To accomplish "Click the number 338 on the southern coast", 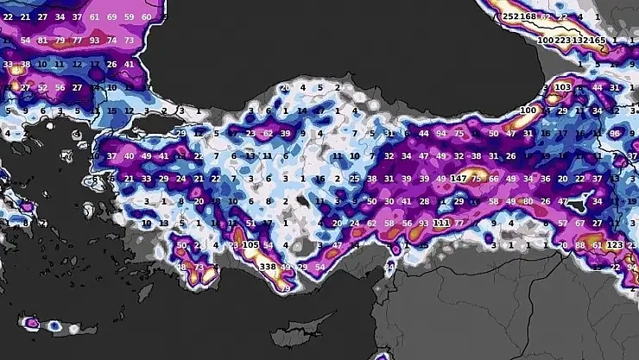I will click(x=268, y=268).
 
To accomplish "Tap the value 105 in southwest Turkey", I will click(x=250, y=245).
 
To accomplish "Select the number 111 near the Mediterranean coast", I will click(x=441, y=223).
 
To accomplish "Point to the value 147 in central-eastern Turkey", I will click(x=459, y=178).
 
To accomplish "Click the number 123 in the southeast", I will click(x=614, y=245).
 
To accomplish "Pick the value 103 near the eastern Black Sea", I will click(x=563, y=87).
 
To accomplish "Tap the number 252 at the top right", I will click(x=510, y=16).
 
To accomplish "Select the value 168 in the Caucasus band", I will click(x=528, y=16).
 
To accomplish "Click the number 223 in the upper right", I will click(x=563, y=40).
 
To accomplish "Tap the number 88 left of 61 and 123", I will click(x=579, y=245).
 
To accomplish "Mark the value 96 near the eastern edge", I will click(x=615, y=134).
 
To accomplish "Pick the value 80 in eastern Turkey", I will click(x=528, y=200).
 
